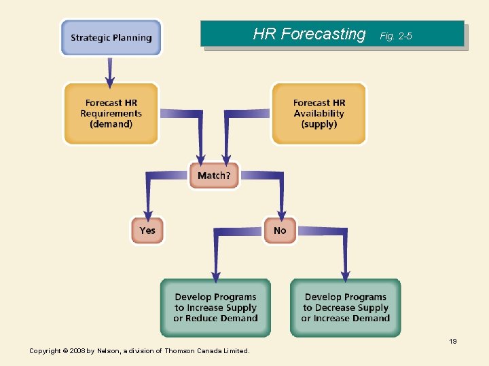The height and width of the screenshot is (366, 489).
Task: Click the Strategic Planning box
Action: click(111, 37)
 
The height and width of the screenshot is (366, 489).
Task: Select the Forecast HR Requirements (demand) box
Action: click(111, 113)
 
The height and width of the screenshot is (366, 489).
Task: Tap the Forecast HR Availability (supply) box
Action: click(319, 113)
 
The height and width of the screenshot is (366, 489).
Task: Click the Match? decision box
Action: click(214, 176)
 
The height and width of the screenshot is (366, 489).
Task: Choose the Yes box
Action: click(147, 230)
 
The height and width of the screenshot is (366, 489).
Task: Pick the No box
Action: click(280, 230)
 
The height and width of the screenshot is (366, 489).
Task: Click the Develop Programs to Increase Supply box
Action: click(215, 308)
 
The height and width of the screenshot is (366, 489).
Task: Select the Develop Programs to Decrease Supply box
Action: click(345, 308)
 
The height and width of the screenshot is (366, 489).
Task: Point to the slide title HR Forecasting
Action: click(309, 34)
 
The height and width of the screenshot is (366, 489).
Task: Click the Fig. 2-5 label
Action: click(396, 36)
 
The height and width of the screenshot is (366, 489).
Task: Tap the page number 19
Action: click(452, 341)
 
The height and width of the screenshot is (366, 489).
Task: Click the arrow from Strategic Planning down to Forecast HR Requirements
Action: click(110, 68)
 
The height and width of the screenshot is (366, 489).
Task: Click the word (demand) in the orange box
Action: click(111, 125)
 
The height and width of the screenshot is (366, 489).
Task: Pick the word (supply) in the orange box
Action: click(319, 125)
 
